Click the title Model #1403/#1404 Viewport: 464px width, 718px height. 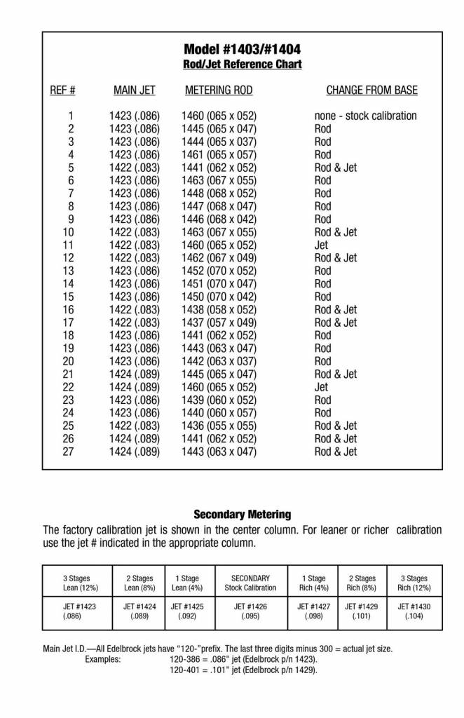coord(243,49)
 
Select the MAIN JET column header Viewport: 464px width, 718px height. coord(135,90)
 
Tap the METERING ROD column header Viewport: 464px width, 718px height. coord(219,90)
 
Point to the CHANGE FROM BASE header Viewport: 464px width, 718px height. coord(371,90)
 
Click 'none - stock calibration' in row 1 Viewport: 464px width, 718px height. coord(365,116)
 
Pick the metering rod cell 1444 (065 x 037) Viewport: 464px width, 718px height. coord(219,142)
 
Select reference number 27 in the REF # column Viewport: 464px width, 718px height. coord(68,452)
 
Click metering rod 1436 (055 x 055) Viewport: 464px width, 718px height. coord(219,426)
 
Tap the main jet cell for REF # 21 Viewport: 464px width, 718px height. coord(135,374)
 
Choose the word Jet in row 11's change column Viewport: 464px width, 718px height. coord(321,245)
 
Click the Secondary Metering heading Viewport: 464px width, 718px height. coord(243,514)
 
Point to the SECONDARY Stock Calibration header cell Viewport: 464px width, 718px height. coord(250,583)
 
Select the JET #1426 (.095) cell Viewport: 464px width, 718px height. coord(250,611)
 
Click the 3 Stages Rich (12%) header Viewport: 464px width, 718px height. coord(417,583)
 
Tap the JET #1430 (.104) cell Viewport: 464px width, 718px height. coord(417,611)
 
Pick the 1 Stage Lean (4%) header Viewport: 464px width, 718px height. coord(188,583)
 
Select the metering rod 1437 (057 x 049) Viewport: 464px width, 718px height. coord(219,323)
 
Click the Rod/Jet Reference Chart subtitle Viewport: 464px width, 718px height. coord(243,65)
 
